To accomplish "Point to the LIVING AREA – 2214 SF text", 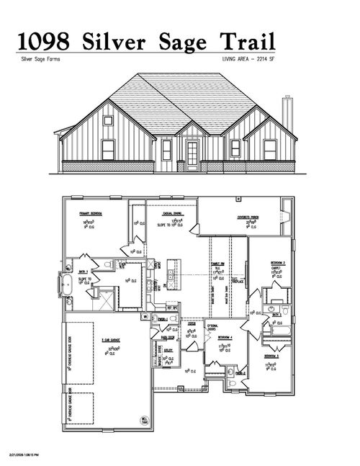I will coord(249,60).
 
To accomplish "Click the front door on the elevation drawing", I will coord(192,153).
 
